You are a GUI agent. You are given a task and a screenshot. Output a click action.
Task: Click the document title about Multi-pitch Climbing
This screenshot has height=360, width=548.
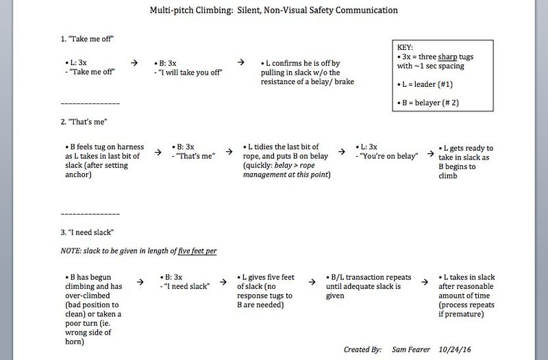(x=274, y=12)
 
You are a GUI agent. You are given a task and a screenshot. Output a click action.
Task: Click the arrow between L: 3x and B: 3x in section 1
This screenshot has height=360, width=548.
(x=134, y=62)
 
